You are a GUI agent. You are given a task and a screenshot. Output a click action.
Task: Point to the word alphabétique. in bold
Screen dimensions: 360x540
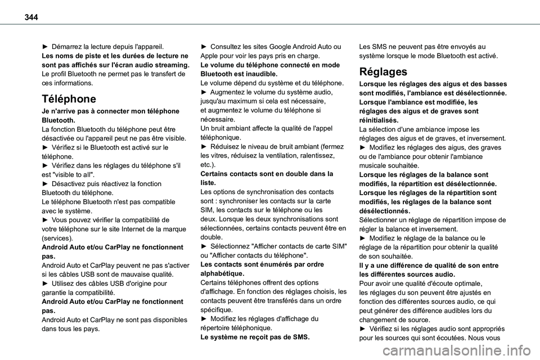coord(223,273)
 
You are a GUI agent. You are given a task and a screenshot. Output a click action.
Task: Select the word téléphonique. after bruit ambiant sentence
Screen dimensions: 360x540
coord(221,137)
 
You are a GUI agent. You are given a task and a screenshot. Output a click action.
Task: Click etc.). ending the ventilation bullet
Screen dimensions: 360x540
coord(209,165)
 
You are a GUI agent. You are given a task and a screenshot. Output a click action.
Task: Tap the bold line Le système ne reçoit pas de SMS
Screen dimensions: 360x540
coord(255,337)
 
